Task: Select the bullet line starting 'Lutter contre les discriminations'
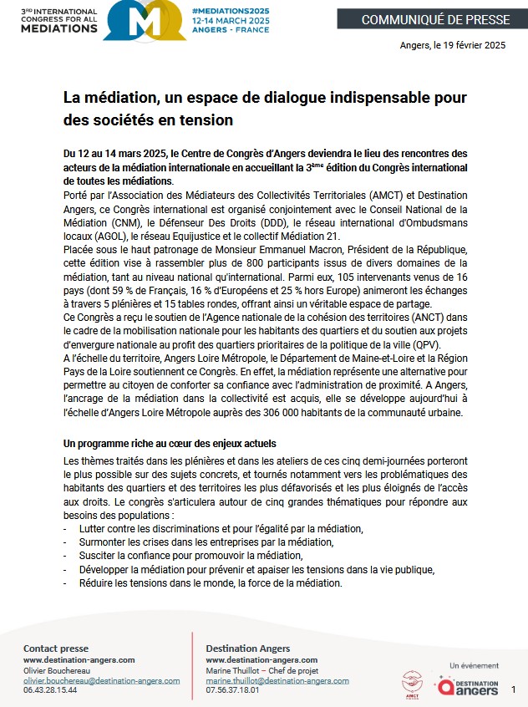221,529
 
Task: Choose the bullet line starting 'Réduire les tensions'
211,583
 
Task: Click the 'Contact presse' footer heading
56,649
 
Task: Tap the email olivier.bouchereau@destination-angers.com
101,681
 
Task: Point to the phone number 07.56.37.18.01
232,691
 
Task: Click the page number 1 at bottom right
513,690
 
